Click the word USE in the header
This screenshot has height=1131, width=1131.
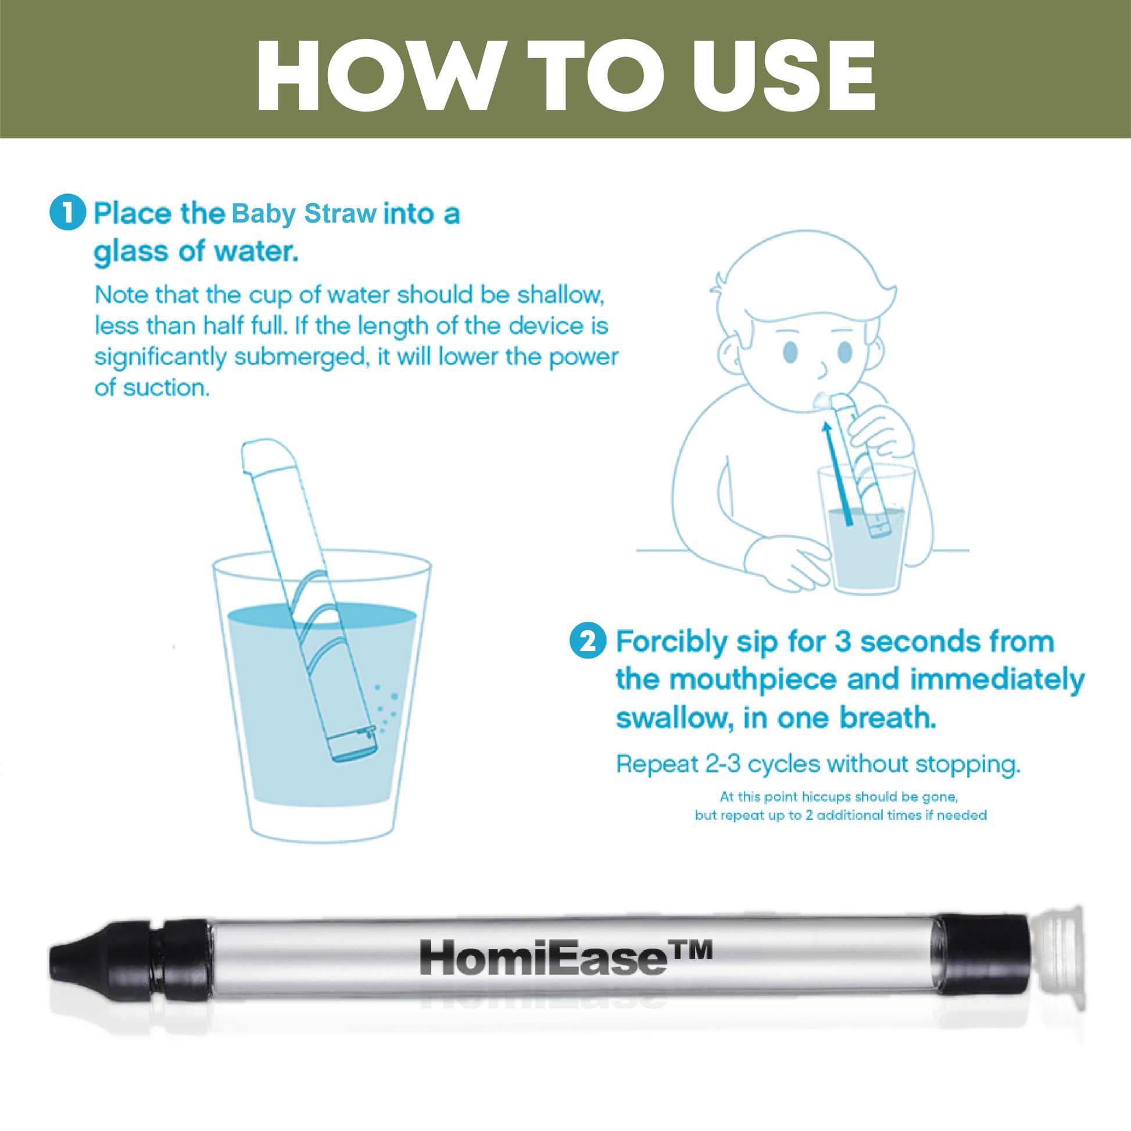point(783,76)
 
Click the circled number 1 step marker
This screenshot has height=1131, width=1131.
point(68,212)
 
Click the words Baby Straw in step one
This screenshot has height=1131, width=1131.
point(304,214)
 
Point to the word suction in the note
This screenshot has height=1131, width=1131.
point(166,388)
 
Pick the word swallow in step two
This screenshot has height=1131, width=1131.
point(674,718)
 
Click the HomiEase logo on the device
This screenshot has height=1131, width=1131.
point(566,958)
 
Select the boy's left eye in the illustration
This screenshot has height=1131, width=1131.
point(790,352)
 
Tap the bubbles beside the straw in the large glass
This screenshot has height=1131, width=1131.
point(386,708)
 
